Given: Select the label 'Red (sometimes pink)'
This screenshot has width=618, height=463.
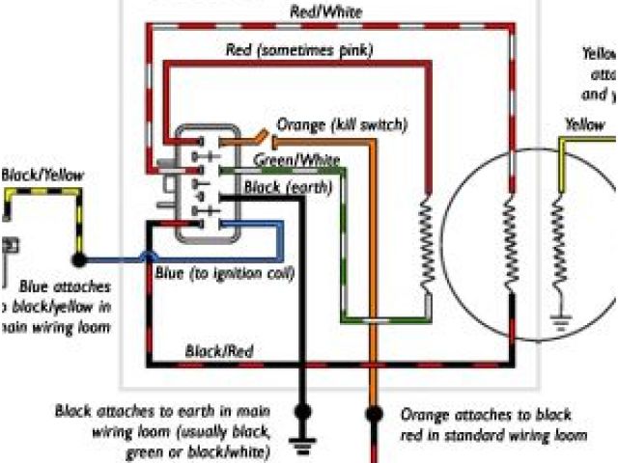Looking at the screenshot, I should coord(299,48).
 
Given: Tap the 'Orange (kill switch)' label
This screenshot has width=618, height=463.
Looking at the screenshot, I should coord(342,125).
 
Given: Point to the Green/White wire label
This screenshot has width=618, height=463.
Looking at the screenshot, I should coord(296,158).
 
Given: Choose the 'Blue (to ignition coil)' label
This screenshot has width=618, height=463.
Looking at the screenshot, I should coord(224,274).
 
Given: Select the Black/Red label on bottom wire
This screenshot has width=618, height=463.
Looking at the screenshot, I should coord(219,352).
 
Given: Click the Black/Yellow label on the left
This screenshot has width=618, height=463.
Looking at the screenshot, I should coord(42,175).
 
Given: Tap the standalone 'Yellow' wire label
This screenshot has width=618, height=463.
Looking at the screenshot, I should coord(585,124).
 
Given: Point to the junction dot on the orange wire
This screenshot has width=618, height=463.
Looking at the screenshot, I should coord(371,415).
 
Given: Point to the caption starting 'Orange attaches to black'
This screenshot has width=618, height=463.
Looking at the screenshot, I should coord(492,424).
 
